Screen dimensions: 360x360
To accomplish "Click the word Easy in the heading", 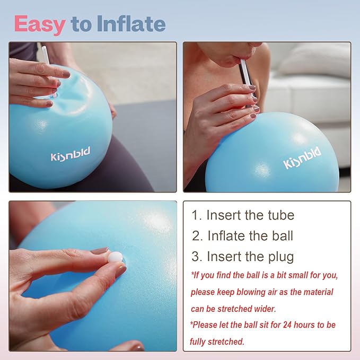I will click(x=39, y=24).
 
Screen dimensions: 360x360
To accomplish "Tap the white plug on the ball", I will click(x=115, y=257).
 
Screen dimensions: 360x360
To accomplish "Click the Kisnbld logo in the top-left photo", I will click(x=71, y=155).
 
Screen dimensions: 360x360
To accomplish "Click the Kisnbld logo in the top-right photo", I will click(x=302, y=158).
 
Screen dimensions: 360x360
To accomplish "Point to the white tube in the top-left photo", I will click(x=45, y=55).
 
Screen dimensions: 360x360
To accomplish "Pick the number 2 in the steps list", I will click(x=197, y=236).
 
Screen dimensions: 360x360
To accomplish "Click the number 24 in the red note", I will click(x=283, y=324).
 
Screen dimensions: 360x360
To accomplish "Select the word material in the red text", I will click(x=315, y=292).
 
